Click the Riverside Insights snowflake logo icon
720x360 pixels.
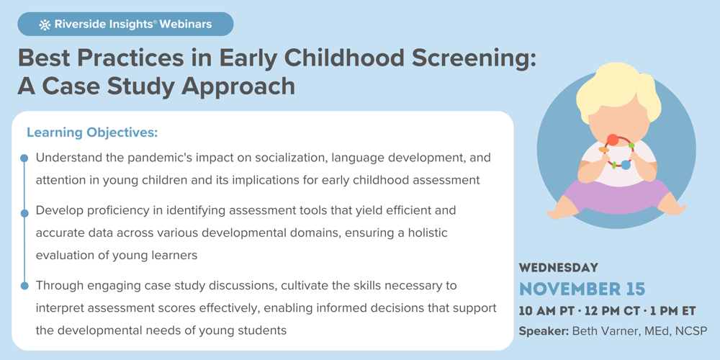45,24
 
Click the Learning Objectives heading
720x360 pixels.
92,132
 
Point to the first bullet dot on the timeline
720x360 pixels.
24,158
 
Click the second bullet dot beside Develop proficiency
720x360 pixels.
24,212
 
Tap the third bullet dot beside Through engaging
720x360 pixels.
24,286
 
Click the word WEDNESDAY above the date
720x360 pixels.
559,268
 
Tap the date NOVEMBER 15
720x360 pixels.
582,289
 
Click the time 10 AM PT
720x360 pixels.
549,311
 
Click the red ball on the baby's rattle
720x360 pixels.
612,140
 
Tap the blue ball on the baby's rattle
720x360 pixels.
626,165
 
